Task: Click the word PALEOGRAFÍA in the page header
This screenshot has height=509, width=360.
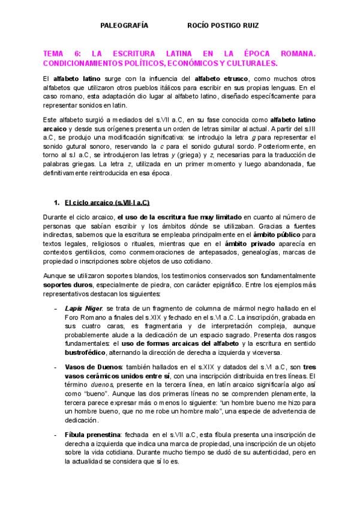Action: [124, 26]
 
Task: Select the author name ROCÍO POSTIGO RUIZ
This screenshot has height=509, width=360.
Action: [223, 26]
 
